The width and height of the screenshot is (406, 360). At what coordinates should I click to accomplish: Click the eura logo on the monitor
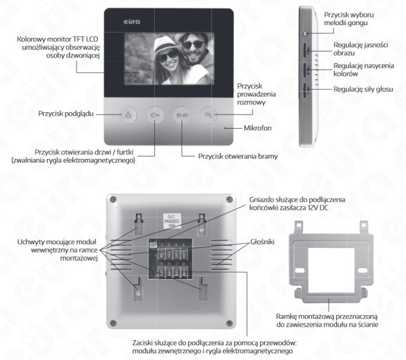132,22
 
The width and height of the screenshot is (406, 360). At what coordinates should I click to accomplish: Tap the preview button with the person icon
128,115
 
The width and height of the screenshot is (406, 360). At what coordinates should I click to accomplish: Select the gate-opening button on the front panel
182,115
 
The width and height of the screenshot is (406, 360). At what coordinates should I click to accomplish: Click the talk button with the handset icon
209,115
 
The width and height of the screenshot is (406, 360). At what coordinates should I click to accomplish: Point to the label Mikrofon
258,128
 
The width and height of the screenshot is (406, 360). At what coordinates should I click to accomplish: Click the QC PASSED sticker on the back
172,221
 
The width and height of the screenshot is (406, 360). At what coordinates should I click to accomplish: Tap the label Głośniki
262,242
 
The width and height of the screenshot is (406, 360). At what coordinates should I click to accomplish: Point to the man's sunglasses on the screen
193,44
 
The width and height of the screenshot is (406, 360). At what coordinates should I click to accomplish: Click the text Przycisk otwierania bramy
238,157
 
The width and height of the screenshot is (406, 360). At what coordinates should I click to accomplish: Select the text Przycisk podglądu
66,114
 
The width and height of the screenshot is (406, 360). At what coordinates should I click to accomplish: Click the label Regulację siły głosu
363,89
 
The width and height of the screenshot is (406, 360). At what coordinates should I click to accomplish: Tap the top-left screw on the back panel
113,199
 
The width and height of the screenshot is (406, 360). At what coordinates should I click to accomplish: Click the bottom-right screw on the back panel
230,323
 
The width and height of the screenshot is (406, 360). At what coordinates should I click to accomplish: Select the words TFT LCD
85,39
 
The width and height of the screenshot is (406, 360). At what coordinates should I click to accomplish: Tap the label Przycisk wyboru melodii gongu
349,19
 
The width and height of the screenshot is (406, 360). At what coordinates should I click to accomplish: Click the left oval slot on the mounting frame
300,271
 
